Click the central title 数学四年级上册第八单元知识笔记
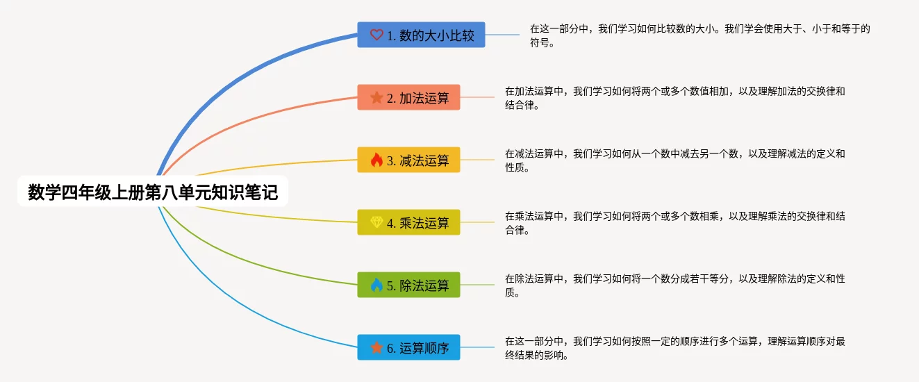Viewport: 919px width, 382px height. click(x=153, y=192)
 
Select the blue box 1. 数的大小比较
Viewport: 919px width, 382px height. click(x=421, y=35)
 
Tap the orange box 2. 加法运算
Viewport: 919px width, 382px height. click(x=408, y=97)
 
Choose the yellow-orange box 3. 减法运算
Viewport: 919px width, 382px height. click(x=408, y=160)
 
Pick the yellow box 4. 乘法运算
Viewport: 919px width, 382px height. click(x=408, y=222)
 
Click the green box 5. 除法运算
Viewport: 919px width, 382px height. click(x=408, y=285)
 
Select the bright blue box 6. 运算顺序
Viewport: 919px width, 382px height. click(x=408, y=347)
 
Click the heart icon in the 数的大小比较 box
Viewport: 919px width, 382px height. click(x=376, y=35)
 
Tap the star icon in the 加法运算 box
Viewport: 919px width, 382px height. click(x=376, y=97)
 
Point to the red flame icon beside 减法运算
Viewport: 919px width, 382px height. click(x=376, y=160)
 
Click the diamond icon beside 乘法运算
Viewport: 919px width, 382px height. click(x=376, y=222)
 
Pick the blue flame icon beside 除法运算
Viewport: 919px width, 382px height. click(x=376, y=285)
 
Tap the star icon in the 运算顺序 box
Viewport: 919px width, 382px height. click(x=376, y=347)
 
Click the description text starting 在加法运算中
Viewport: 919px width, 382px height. click(x=675, y=98)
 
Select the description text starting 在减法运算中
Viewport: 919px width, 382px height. click(x=675, y=160)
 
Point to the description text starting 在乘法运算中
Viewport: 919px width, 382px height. click(x=675, y=223)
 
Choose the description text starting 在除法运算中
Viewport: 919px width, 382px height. click(x=675, y=285)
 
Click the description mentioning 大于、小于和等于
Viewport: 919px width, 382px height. click(x=700, y=35)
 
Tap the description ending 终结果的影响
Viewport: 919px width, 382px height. click(x=675, y=348)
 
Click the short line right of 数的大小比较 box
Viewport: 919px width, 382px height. click(x=502, y=35)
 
